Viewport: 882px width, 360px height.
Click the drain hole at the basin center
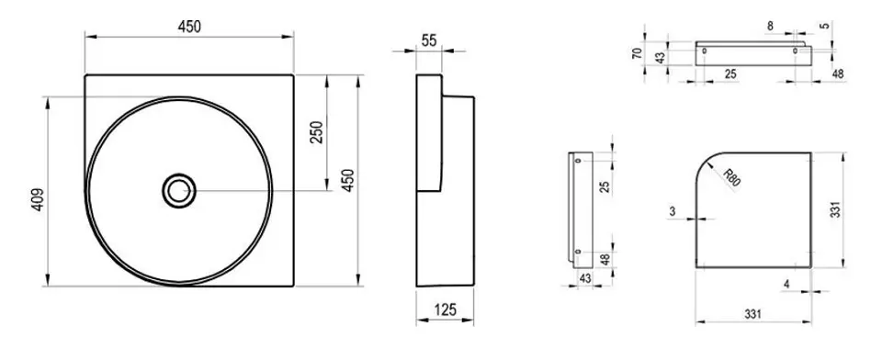coord(179,191)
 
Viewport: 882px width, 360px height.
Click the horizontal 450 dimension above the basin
coord(189,27)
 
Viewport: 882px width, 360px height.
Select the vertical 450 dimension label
coord(348,180)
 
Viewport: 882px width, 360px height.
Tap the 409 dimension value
coord(37,199)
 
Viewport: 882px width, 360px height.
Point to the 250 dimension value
coord(317,132)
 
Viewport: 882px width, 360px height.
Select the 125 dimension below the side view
coord(445,309)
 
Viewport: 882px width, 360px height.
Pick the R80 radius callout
coord(731,177)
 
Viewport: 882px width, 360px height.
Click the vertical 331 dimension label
coord(836,209)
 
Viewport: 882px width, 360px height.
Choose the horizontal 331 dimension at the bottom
coord(753,314)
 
